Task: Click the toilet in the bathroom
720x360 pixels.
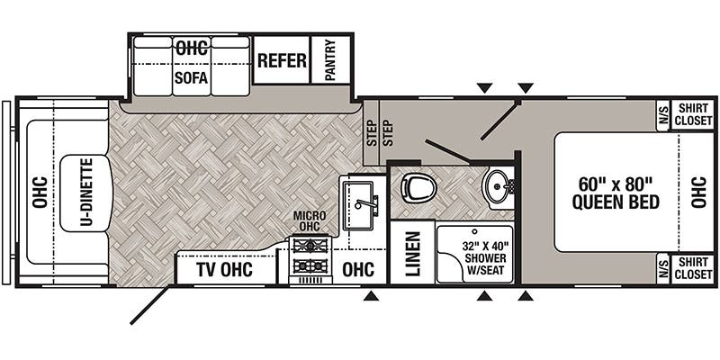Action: point(418,187)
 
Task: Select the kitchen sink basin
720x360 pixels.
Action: point(359,205)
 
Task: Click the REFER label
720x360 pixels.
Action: point(282,60)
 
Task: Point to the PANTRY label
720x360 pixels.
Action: point(330,59)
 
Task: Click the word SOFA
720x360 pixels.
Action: point(191,77)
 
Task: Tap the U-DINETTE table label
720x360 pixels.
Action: point(86,193)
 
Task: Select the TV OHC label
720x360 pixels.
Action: point(224,269)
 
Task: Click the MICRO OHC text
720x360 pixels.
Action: point(310,220)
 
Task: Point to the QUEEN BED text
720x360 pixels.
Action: point(616,202)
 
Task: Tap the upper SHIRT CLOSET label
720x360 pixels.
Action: point(693,115)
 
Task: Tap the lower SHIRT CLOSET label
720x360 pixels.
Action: point(693,268)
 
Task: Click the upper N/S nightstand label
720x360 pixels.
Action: point(662,115)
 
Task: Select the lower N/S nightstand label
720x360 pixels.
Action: point(662,269)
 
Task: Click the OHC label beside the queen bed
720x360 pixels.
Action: point(698,193)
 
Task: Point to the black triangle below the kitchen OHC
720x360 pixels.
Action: point(371,297)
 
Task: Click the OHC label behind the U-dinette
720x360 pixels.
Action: point(40,193)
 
